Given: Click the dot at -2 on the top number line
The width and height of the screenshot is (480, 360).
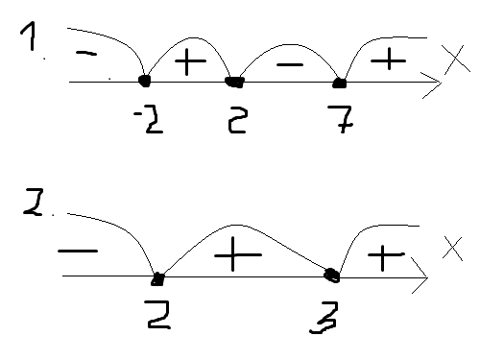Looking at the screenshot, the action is point(145,81).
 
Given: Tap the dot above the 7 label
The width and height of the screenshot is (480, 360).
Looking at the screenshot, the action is point(340,84).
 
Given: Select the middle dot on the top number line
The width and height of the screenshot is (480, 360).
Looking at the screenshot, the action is point(235,83).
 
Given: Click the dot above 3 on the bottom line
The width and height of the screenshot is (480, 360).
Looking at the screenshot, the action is point(332,276).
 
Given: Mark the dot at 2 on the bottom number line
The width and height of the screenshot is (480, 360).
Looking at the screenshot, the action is point(157,279).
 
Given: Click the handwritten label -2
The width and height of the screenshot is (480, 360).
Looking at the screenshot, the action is point(149,119).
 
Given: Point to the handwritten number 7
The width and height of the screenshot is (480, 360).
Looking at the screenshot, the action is point(341,119).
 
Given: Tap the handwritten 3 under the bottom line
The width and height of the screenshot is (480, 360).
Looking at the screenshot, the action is point(324,318).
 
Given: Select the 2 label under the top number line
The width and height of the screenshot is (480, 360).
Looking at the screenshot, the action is point(237,120).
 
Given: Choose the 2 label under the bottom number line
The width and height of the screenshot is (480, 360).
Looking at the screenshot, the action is point(157,315).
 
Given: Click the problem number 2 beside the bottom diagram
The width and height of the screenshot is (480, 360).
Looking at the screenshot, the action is point(34,203).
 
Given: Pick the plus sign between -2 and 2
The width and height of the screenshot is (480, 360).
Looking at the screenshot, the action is point(190,61).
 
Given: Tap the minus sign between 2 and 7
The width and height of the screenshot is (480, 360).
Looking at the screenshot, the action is point(290,65).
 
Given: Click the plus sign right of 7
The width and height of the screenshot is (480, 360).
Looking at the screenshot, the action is point(388,60).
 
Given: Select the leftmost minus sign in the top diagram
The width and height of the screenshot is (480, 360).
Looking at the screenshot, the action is point(86,53).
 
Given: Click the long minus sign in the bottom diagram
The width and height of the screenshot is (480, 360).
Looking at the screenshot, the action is point(78,252).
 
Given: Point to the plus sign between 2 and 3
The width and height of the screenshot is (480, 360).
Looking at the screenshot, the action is point(238,254).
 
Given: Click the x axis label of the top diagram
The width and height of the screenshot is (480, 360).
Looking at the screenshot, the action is point(456,60).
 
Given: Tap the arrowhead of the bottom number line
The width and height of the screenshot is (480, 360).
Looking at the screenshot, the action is point(421,276).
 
